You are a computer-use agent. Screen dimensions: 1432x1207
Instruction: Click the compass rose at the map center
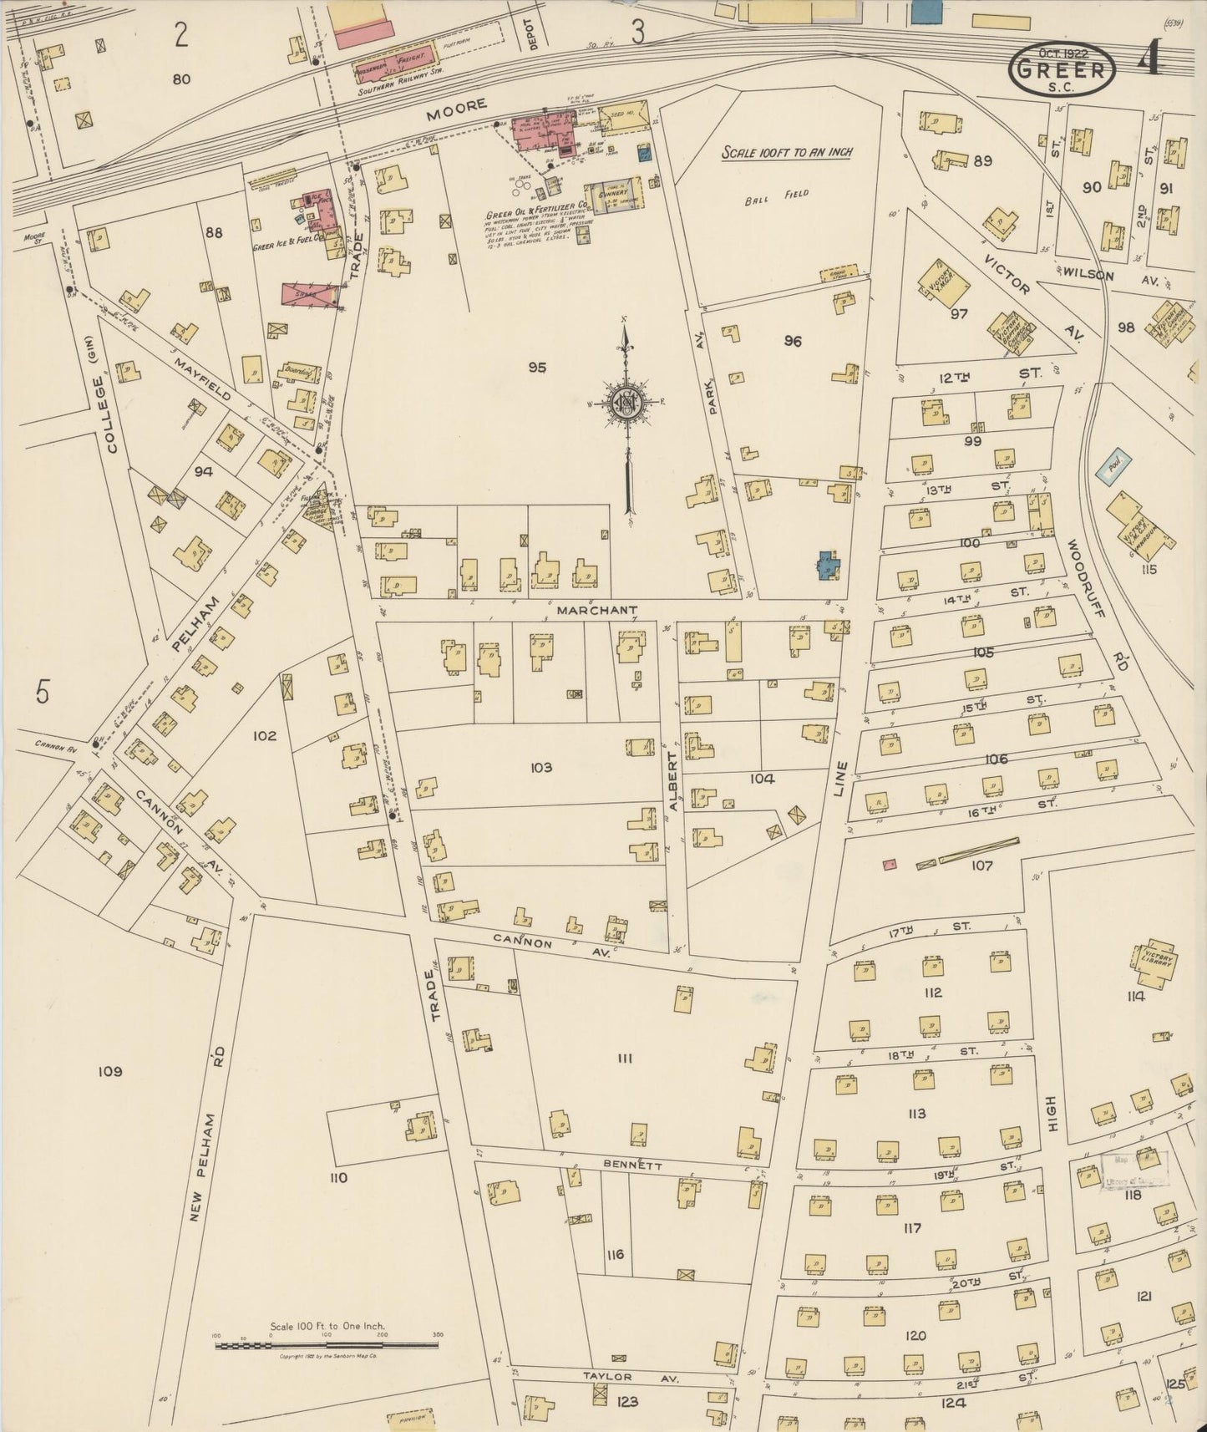pos(626,402)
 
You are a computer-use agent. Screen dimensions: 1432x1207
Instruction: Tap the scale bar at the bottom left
pos(327,1346)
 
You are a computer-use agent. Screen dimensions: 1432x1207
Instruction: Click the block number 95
pos(537,367)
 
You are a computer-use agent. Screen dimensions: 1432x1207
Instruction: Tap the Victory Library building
pos(1156,962)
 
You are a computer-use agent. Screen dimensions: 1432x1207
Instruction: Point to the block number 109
pos(109,1071)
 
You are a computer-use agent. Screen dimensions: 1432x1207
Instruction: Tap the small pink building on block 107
pos(890,865)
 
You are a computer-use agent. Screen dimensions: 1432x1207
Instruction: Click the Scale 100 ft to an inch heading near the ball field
pos(786,152)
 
